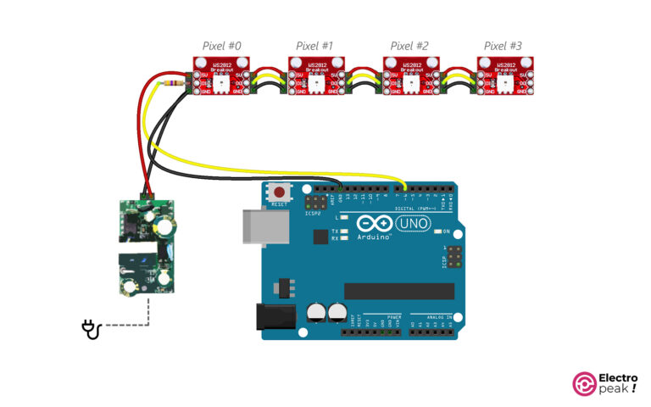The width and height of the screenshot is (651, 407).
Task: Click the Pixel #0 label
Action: click(221, 46)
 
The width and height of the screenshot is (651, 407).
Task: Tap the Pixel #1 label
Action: click(314, 46)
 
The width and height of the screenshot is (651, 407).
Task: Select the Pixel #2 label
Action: click(409, 46)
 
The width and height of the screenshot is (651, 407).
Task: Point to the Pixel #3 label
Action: click(504, 46)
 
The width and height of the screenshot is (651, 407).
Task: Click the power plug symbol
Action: click(91, 329)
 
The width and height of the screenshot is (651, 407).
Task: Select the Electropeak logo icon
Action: click(585, 384)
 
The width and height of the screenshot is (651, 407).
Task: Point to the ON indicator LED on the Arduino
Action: click(437, 231)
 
